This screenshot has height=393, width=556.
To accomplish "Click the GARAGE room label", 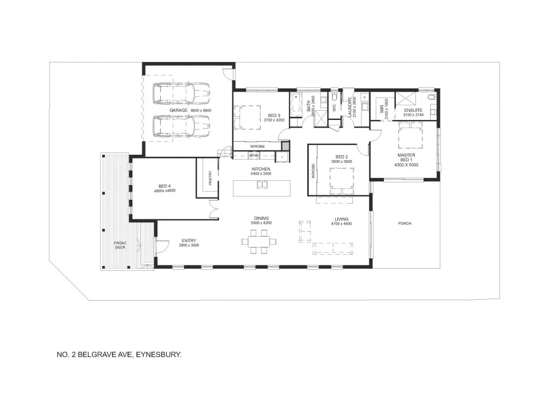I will pyautogui.click(x=178, y=110).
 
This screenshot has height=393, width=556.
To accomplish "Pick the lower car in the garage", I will pyautogui.click(x=181, y=126).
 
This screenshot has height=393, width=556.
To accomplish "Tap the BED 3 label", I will pyautogui.click(x=274, y=115).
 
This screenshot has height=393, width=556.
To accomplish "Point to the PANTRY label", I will pyautogui.click(x=210, y=179).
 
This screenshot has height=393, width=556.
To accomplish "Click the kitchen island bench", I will pyautogui.click(x=261, y=188).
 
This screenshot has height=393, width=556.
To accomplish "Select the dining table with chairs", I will pyautogui.click(x=259, y=241).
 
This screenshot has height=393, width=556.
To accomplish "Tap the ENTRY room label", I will pyautogui.click(x=189, y=240).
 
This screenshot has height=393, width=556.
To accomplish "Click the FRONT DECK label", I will pyautogui.click(x=119, y=245).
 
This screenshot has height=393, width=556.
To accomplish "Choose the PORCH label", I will pyautogui.click(x=404, y=223).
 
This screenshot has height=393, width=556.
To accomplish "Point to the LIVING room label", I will pyautogui.click(x=342, y=219).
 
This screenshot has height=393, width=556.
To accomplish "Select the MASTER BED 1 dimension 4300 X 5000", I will pyautogui.click(x=407, y=165).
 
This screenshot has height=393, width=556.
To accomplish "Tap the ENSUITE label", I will pyautogui.click(x=413, y=110).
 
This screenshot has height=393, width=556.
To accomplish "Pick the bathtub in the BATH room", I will pyautogui.click(x=296, y=104).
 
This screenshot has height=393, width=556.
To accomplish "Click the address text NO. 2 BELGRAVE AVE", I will pyautogui.click(x=118, y=354).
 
